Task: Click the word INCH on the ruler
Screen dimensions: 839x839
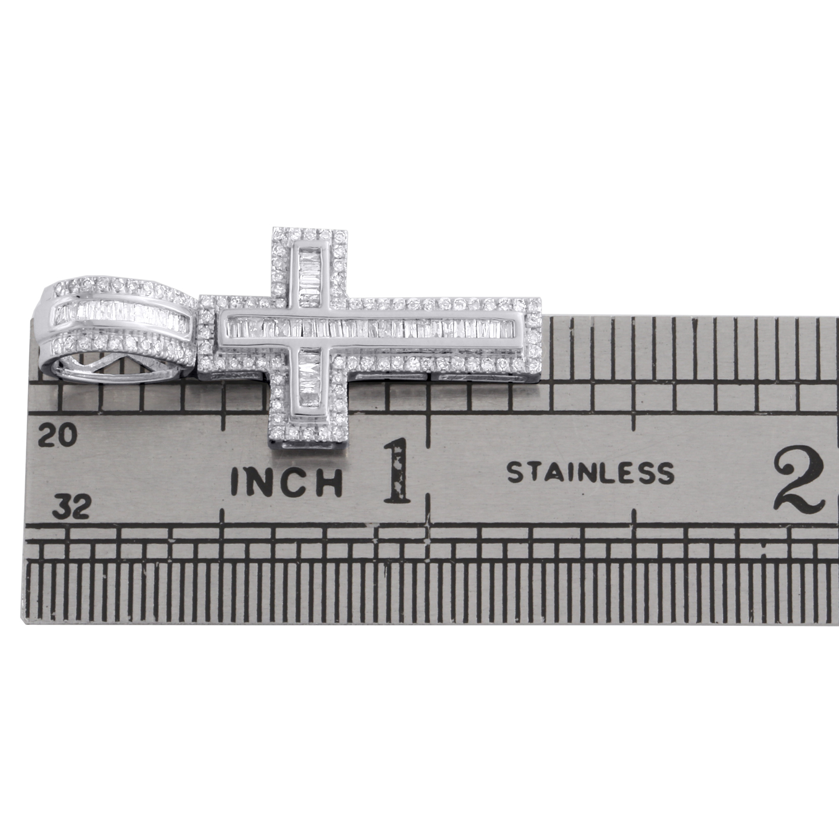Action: [x=287, y=481]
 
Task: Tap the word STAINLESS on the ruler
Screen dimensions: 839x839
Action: [x=590, y=473]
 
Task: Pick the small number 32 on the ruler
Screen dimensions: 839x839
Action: [x=73, y=508]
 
